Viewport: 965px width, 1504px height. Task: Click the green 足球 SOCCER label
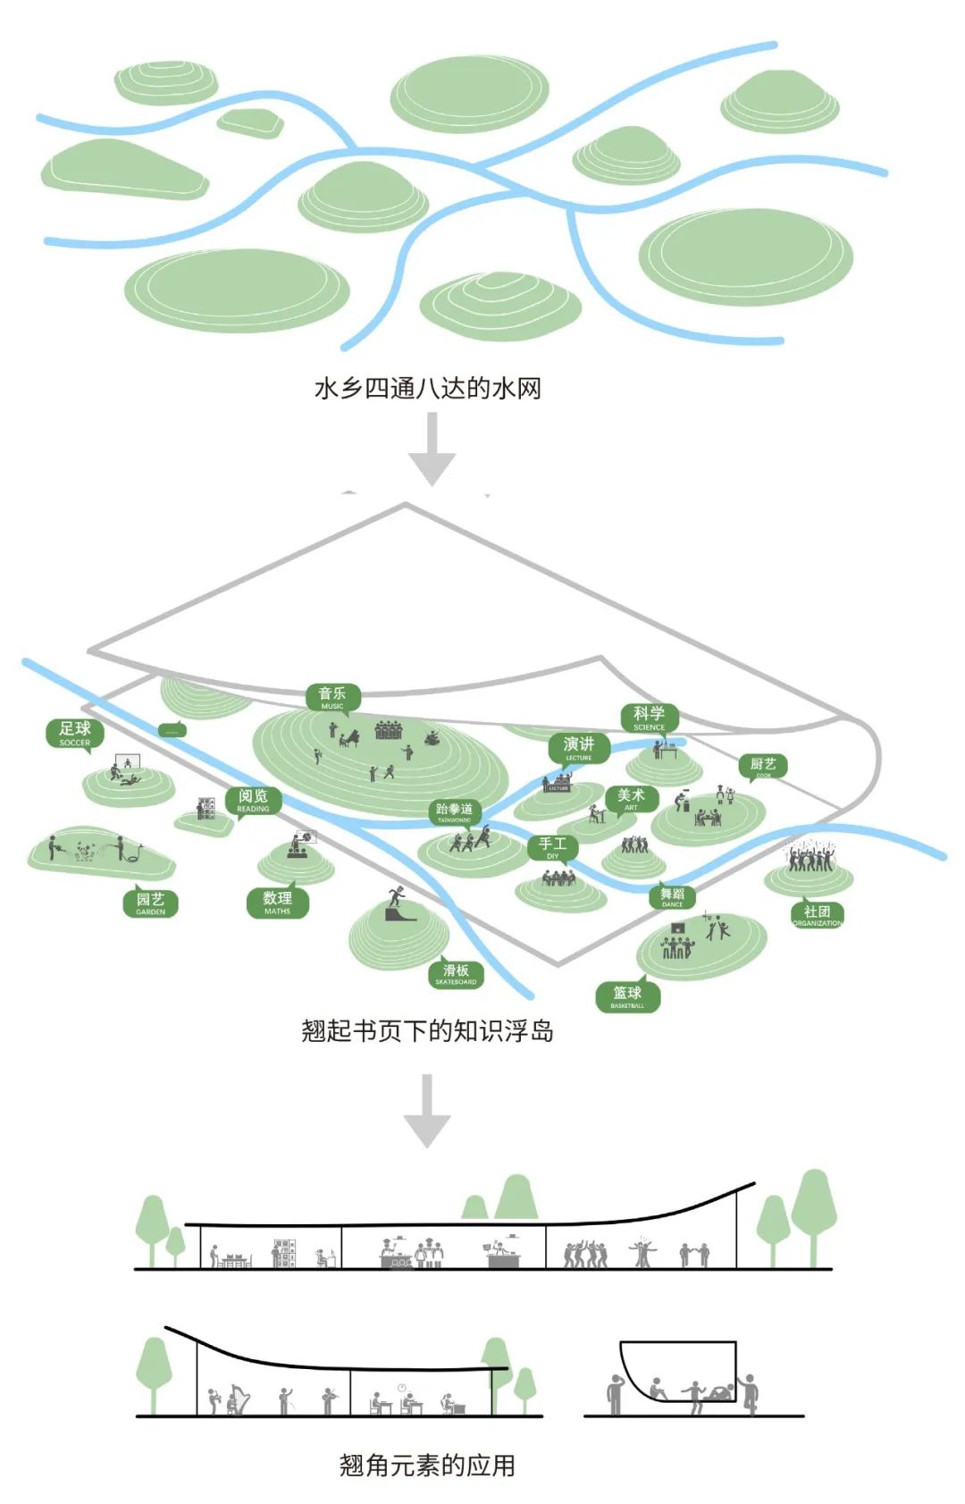coord(75,733)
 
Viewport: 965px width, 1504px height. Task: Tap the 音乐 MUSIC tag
coord(332,697)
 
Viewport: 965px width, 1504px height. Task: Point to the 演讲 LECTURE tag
coord(579,748)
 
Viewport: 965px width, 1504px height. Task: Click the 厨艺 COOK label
coord(763,767)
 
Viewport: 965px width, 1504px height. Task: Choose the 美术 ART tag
coord(631,798)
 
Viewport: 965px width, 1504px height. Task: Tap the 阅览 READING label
coord(253,799)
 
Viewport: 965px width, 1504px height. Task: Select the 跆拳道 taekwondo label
coord(455,811)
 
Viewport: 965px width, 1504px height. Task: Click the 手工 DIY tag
coord(552,847)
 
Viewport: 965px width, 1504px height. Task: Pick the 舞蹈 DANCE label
coord(672,896)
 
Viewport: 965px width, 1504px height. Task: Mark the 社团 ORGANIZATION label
coord(817,914)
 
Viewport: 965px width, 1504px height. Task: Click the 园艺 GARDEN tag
coord(150,903)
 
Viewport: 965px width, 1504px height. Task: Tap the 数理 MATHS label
coord(277,902)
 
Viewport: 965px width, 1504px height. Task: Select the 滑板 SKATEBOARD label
coord(456,973)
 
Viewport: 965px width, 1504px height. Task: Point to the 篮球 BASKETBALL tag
coord(627,996)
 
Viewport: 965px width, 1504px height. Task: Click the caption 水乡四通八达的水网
coord(427,388)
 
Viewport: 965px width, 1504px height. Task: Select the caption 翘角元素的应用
coord(427,1465)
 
